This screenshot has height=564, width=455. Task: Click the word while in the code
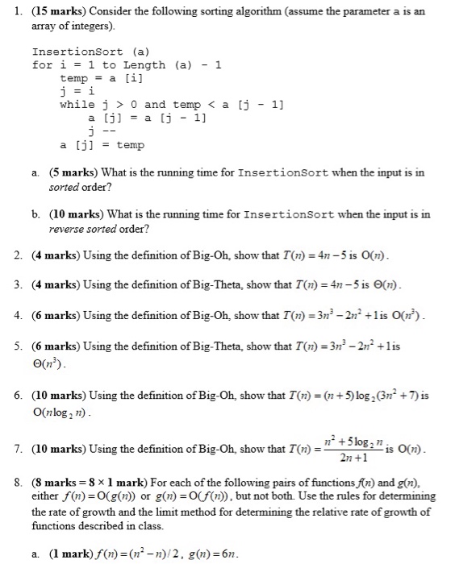75,105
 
